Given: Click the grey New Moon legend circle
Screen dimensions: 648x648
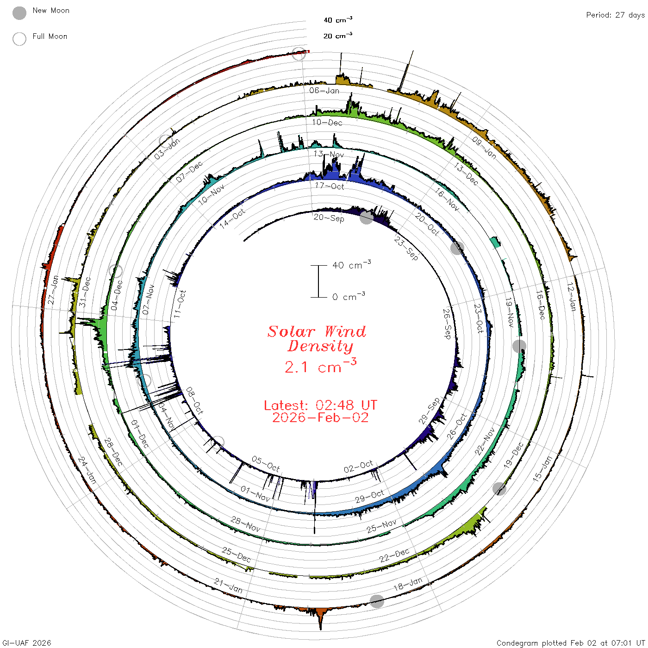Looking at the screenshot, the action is (x=19, y=13).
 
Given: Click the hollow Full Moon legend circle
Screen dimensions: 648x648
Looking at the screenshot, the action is (x=19, y=39).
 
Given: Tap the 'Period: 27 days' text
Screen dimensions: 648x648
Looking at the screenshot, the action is (x=616, y=15).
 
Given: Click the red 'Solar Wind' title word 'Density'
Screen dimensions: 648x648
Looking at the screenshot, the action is (x=320, y=346).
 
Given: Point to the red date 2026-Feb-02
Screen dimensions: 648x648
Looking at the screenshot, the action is (x=320, y=417).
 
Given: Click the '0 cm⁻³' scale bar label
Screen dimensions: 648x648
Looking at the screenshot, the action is (x=349, y=296).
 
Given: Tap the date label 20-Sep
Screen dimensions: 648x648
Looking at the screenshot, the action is (x=329, y=218).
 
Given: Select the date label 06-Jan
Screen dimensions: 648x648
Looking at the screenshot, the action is (x=324, y=90).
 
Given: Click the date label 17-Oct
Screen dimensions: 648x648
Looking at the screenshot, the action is (x=330, y=186).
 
